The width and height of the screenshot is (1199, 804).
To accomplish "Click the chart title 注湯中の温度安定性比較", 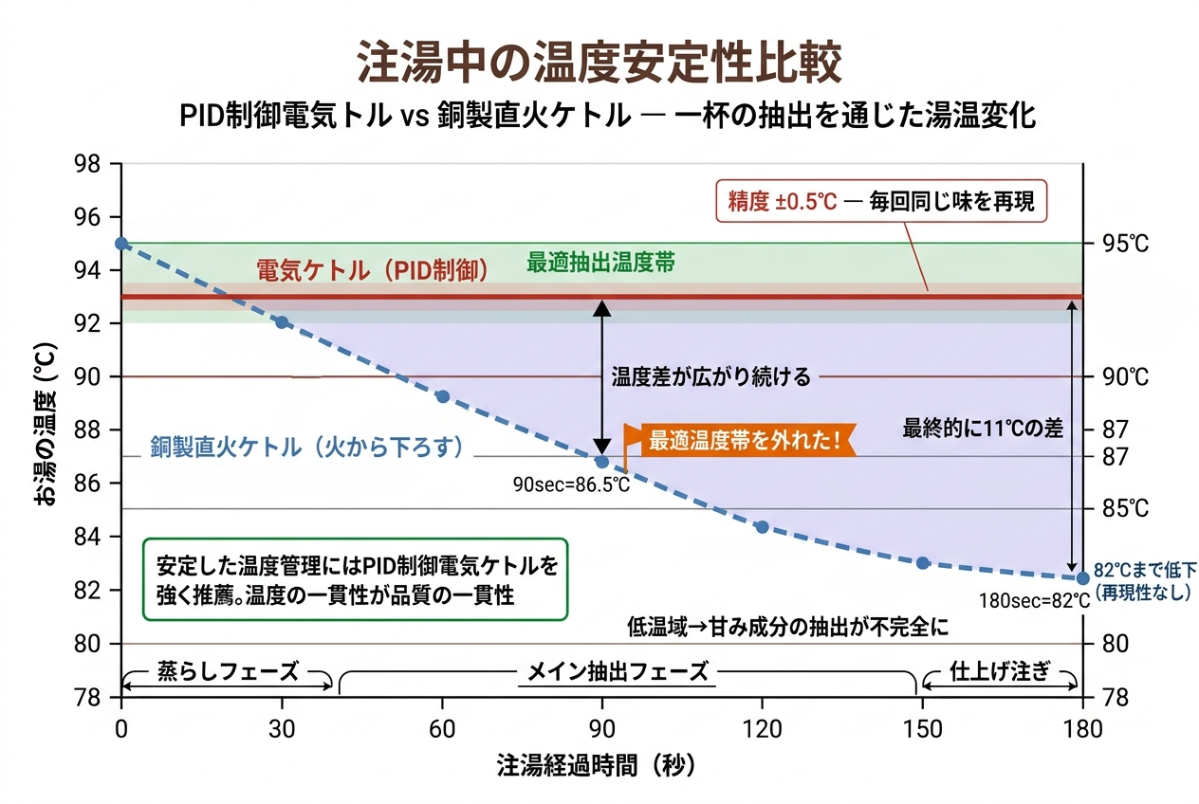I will coord(599,64).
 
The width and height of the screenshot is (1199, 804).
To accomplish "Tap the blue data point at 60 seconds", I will coord(442,396).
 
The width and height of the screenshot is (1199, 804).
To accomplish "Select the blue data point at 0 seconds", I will coord(121,244).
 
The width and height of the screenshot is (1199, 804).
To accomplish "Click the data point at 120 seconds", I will coord(762,526).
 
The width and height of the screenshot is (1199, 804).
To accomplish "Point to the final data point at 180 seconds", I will coord(1082,577).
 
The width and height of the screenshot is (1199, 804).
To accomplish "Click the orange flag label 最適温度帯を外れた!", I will coord(745,441).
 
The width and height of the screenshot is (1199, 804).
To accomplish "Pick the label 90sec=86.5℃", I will coord(571,484).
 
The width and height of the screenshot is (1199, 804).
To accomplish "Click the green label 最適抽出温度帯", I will coord(601,264).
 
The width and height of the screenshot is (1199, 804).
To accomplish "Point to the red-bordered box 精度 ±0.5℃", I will coord(881,201).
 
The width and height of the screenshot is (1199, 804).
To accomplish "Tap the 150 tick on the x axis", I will coord(922,729).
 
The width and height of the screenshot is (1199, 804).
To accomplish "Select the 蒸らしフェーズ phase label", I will coord(227,672).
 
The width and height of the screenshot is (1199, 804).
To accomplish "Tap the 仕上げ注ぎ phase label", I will coord(1000,672).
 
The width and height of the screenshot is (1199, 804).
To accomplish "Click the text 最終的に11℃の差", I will coord(983,429).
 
